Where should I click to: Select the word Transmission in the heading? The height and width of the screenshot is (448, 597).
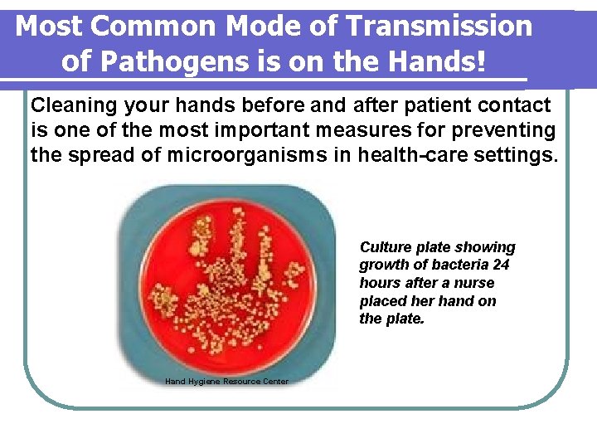tap(439, 27)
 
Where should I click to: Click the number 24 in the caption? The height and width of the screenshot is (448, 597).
tap(500, 265)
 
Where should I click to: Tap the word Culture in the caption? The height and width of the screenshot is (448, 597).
tap(385, 247)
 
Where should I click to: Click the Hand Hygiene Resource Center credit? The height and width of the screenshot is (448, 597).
tap(226, 381)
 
